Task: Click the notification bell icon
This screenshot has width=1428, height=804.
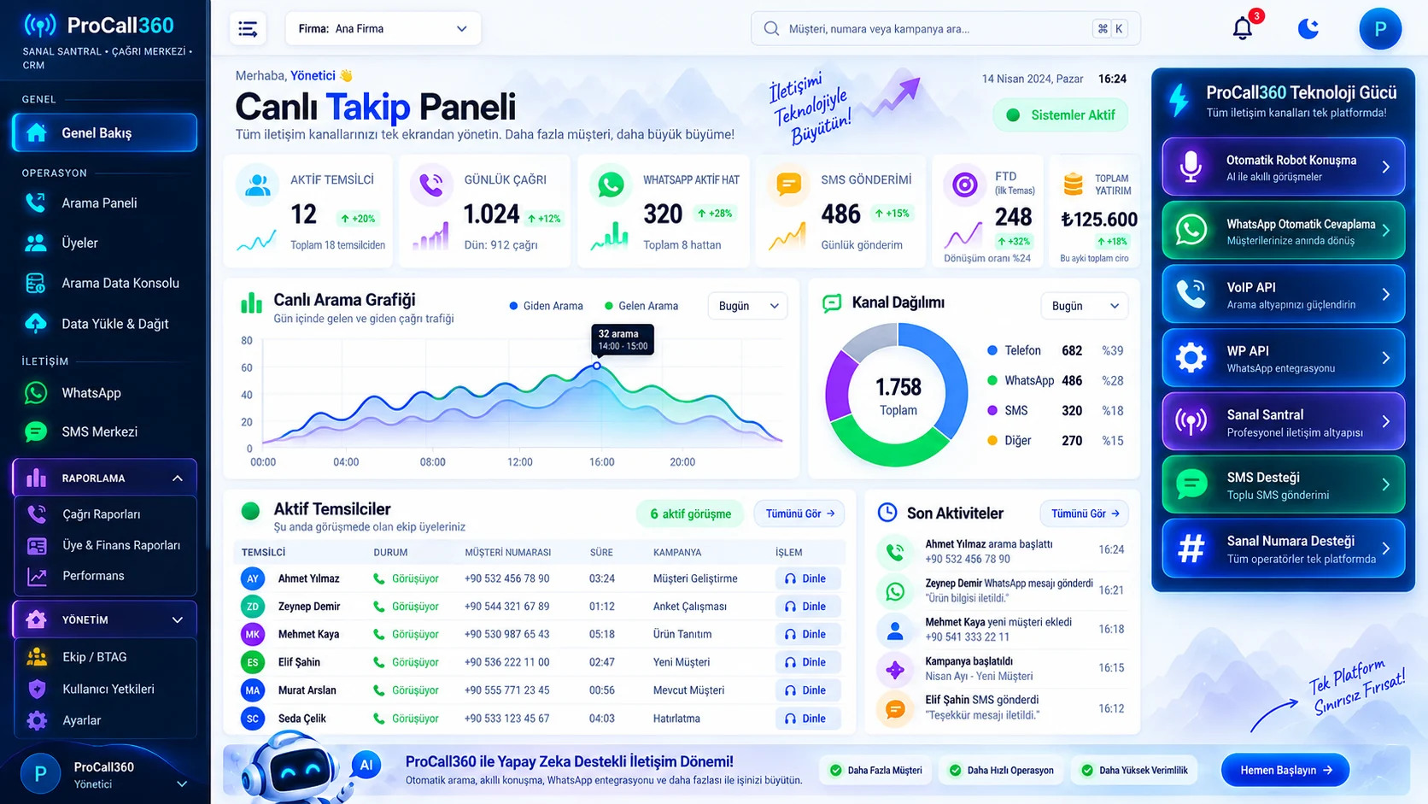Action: click(x=1242, y=29)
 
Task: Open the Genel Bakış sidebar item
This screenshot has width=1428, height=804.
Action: click(x=104, y=132)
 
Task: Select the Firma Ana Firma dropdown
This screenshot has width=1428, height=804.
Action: click(x=383, y=29)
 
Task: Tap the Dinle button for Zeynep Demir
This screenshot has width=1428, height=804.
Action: click(x=805, y=607)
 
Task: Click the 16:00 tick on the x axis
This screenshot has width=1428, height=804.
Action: click(x=602, y=461)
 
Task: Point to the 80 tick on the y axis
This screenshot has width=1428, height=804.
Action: click(x=247, y=340)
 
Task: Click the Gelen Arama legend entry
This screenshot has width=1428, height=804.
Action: click(x=641, y=306)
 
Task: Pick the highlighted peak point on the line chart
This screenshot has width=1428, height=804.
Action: click(x=597, y=366)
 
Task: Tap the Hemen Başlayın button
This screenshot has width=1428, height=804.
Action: click(x=1285, y=770)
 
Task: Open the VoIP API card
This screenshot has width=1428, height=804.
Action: click(x=1284, y=295)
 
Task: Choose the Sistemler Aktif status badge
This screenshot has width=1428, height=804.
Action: click(x=1061, y=115)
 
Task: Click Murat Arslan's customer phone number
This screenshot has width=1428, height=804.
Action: click(x=506, y=690)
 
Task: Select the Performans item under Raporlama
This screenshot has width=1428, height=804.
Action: click(x=93, y=576)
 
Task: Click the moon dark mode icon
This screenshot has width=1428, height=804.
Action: click(x=1308, y=29)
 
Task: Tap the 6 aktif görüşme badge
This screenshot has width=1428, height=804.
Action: click(x=690, y=514)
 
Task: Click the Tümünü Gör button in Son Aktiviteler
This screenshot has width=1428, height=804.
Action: click(x=1085, y=514)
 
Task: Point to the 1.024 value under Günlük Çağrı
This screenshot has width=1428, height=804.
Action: click(x=491, y=214)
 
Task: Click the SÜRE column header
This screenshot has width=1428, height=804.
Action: click(x=601, y=552)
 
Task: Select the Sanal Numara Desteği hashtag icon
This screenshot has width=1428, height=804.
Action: click(x=1191, y=549)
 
